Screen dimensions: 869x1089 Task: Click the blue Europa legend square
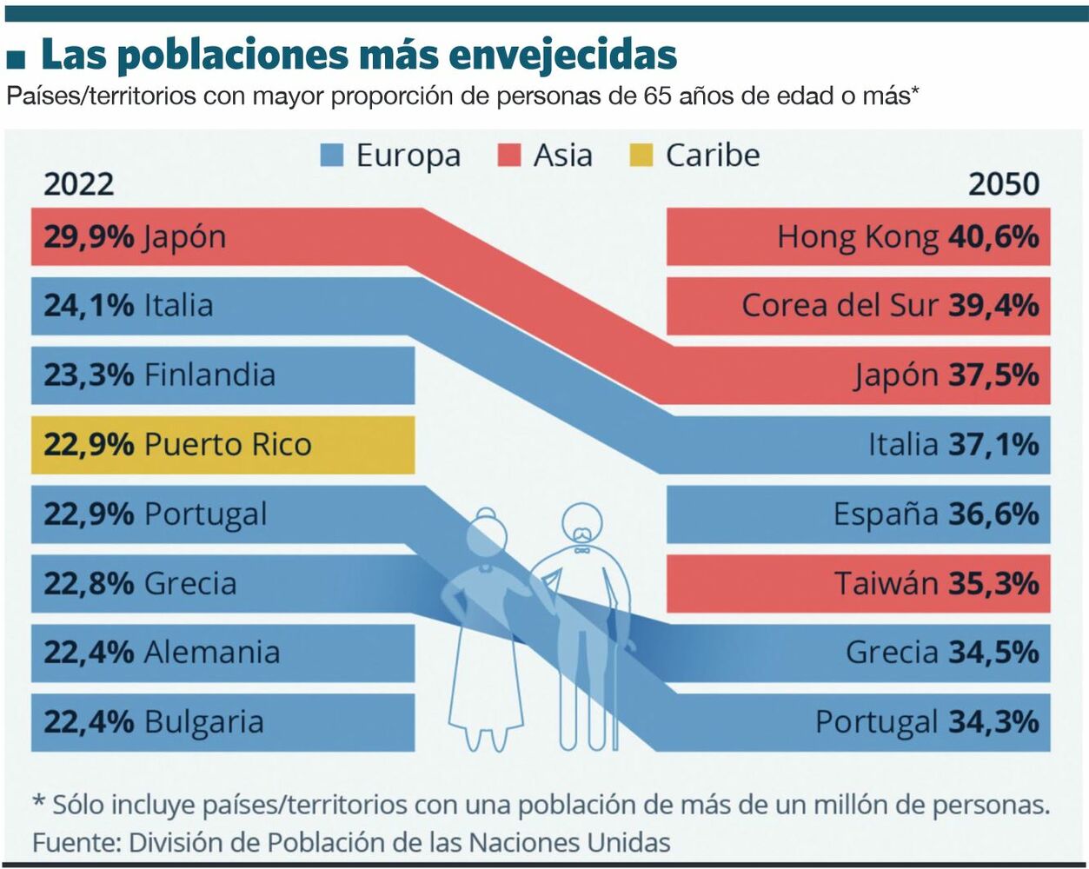[332, 156]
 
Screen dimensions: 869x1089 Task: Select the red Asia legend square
[508, 156]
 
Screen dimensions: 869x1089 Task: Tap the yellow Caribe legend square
[640, 156]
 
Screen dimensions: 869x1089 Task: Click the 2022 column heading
[78, 184]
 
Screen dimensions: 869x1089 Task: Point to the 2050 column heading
[1004, 184]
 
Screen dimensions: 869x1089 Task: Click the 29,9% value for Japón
[89, 236]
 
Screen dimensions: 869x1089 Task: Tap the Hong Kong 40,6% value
[993, 236]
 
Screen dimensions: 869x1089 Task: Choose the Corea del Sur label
[840, 306]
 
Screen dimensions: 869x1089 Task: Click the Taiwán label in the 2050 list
[886, 583]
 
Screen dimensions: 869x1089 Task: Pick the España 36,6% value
[993, 514]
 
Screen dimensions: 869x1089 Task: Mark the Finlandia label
[209, 375]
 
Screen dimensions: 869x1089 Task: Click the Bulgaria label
[203, 722]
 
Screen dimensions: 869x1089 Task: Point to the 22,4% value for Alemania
[89, 653]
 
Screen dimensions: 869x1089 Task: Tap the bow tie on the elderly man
[581, 549]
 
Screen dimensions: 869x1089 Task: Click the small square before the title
[16, 58]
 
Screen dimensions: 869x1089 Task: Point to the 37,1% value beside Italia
[993, 445]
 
